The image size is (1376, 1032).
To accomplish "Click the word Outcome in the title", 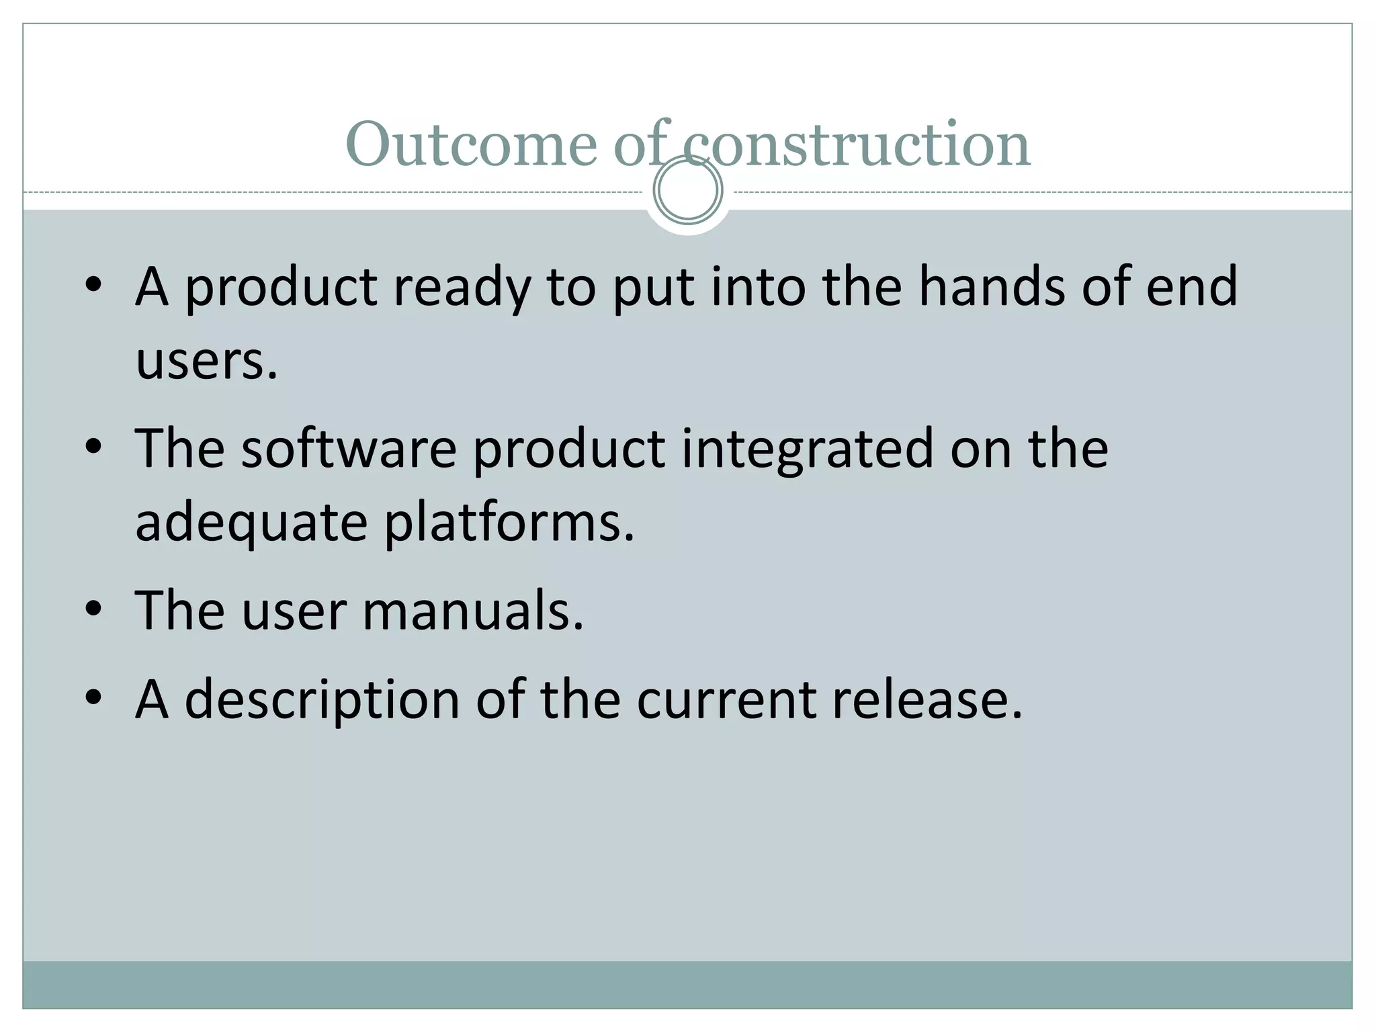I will click(470, 144).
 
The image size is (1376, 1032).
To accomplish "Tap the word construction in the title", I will click(857, 144).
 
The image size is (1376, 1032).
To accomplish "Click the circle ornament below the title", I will click(688, 189).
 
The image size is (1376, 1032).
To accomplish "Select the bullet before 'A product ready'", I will click(93, 285).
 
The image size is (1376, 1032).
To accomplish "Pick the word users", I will click(206, 361).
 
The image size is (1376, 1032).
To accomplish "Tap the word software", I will click(349, 448).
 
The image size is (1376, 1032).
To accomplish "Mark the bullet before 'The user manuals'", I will click(93, 609).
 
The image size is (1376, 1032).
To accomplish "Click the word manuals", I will click(473, 611).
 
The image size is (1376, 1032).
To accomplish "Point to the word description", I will click(322, 701).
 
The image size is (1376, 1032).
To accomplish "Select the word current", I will click(726, 699).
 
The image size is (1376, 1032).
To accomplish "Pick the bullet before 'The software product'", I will click(93, 447).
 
